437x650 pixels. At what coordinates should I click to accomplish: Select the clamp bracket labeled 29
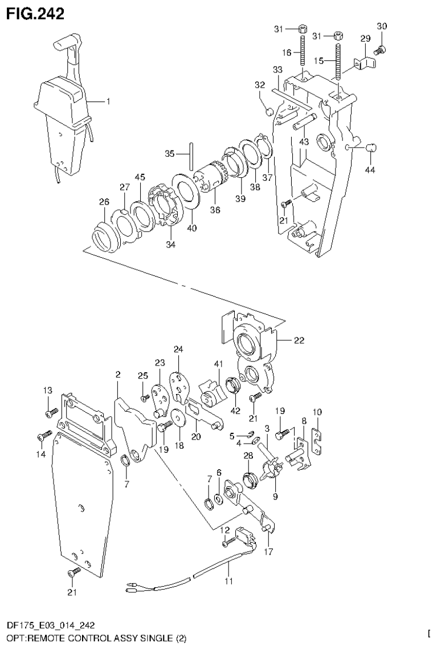(358, 63)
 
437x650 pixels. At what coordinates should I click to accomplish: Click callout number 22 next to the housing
(299, 341)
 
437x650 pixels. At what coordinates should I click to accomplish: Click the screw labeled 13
(51, 411)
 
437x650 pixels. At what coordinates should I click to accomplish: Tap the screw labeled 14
(43, 437)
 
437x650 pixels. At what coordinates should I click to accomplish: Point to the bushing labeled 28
(250, 477)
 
